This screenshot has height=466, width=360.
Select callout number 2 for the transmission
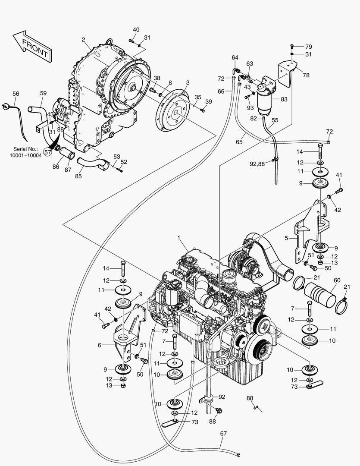coord(83,40)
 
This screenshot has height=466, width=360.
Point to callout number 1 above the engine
coord(178,238)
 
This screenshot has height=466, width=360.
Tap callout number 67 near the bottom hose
coord(223,433)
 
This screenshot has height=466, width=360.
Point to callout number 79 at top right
coord(308,46)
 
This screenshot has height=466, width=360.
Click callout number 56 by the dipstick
coord(16,94)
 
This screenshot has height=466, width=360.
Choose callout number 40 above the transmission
coord(136,29)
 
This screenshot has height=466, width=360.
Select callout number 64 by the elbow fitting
coord(235,57)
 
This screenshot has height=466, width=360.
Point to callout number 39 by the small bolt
coord(208,101)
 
